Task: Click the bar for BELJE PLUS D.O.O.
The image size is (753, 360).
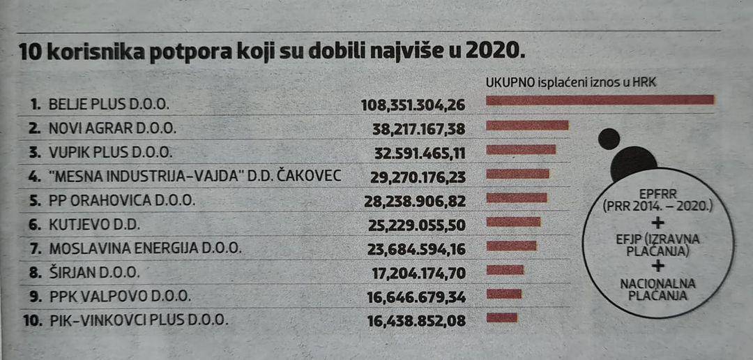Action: (600, 100)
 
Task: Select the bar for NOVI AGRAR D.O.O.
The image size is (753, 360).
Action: (527, 126)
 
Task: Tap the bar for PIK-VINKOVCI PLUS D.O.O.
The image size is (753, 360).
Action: (501, 318)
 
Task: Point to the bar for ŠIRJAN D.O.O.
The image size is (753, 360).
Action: (505, 270)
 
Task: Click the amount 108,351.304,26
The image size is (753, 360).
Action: (413, 105)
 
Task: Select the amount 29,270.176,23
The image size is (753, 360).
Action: (418, 177)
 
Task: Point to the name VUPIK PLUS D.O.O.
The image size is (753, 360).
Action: (109, 152)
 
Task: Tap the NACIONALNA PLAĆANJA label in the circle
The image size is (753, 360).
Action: (655, 289)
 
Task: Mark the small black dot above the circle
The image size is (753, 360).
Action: (609, 139)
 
